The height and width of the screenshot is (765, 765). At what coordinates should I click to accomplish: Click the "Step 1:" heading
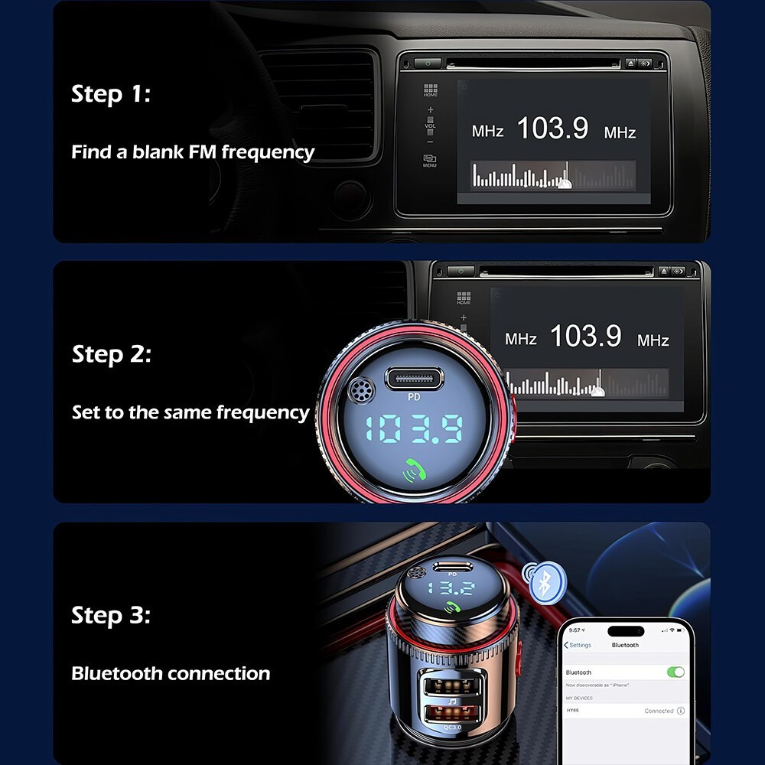pyautogui.click(x=111, y=94)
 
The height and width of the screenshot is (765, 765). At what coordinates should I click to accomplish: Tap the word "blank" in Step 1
pyautogui.click(x=158, y=151)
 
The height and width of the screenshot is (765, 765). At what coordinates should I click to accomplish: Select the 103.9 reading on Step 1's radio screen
pyautogui.click(x=552, y=129)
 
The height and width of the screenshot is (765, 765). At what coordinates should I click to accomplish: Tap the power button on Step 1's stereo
pyautogui.click(x=428, y=63)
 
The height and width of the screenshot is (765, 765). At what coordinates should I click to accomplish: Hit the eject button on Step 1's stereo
pyautogui.click(x=630, y=63)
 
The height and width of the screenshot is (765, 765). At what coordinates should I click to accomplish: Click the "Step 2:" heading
pyautogui.click(x=112, y=354)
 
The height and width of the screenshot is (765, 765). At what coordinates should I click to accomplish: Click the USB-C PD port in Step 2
pyautogui.click(x=415, y=377)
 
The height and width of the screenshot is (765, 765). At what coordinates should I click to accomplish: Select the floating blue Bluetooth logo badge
pyautogui.click(x=542, y=582)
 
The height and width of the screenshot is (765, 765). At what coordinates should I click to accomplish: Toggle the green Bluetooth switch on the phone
pyautogui.click(x=675, y=672)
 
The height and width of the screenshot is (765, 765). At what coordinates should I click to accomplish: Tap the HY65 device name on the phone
pyautogui.click(x=573, y=710)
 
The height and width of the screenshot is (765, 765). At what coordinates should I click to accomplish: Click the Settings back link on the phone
pyautogui.click(x=578, y=645)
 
